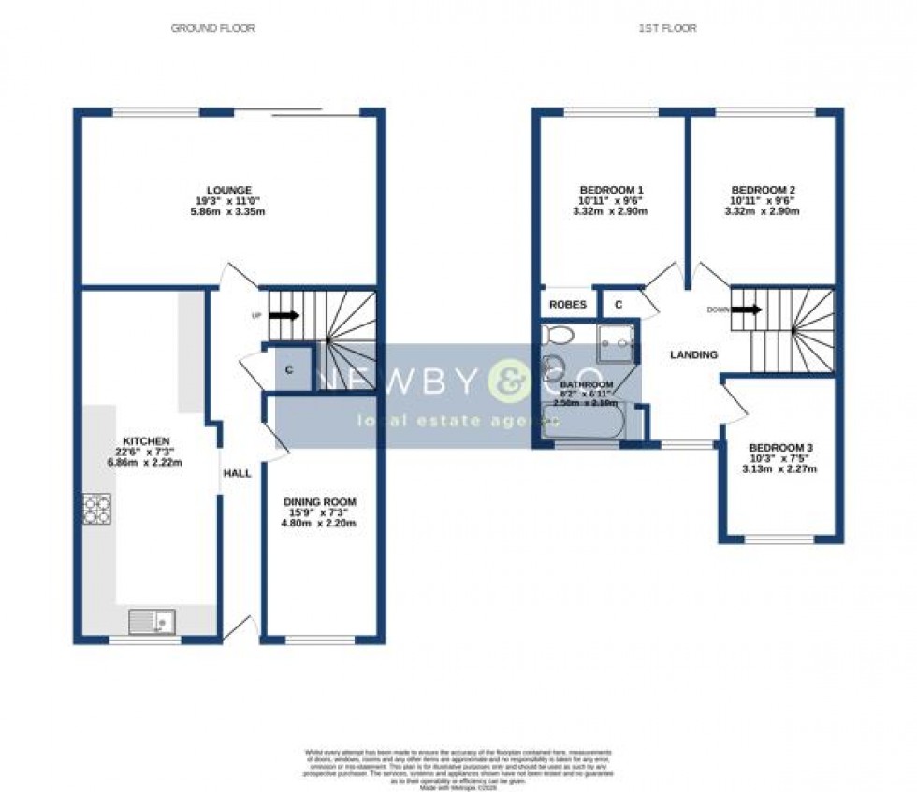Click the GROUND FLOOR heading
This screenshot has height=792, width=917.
click(212, 28)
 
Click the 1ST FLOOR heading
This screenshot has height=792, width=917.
click(667, 28)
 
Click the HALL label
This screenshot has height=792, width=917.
click(237, 474)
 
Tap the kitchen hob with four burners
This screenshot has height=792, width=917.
click(96, 508)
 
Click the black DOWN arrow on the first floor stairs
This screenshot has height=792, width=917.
click(747, 309)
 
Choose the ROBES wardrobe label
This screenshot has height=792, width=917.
click(567, 305)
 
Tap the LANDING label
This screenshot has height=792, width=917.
click(693, 355)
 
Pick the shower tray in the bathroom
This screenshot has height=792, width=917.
click(616, 340)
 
